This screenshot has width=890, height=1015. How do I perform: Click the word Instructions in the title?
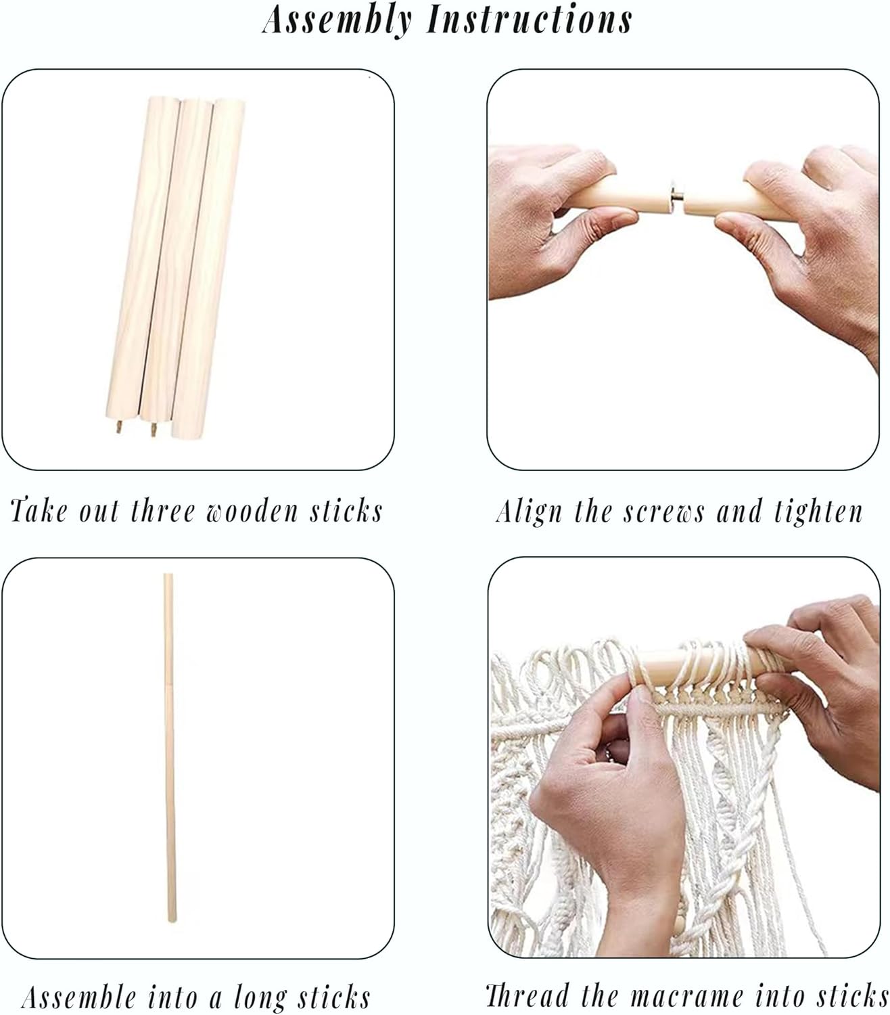[529, 20]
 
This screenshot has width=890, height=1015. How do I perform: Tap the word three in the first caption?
[163, 511]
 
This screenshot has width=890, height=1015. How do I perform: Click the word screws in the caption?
[663, 512]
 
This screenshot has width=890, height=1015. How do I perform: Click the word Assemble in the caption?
[79, 983]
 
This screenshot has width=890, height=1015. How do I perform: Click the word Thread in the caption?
[528, 981]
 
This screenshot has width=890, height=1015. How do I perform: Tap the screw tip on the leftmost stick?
[119, 426]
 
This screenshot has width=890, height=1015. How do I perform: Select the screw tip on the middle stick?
[154, 429]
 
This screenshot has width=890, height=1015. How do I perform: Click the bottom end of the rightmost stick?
[187, 431]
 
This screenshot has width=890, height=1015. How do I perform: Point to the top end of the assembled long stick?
[168, 575]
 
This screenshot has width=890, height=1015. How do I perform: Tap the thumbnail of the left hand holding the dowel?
[620, 218]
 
